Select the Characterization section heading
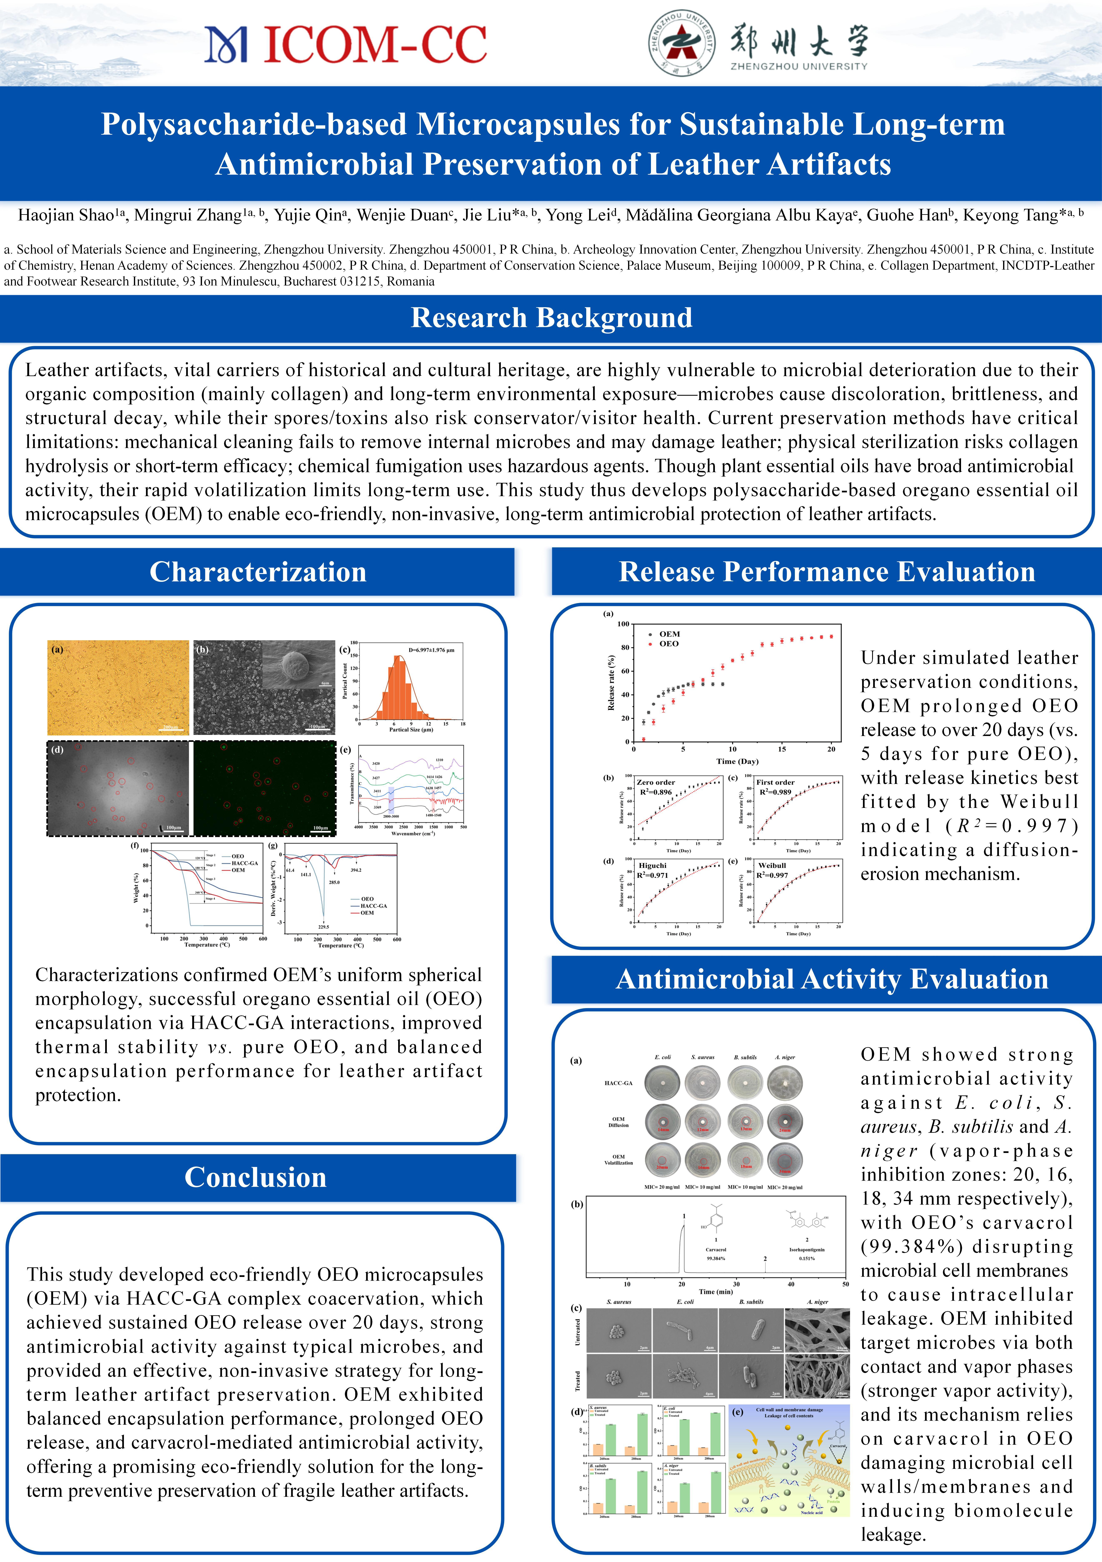(x=258, y=572)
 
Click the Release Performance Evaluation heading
(x=827, y=572)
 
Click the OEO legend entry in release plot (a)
(x=668, y=644)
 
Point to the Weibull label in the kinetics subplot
(x=772, y=865)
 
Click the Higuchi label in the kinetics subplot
(x=653, y=865)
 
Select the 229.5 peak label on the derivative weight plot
(x=324, y=927)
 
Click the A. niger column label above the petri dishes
(x=784, y=1057)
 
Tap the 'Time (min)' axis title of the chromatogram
(x=716, y=1291)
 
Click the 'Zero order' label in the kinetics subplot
(x=655, y=782)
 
